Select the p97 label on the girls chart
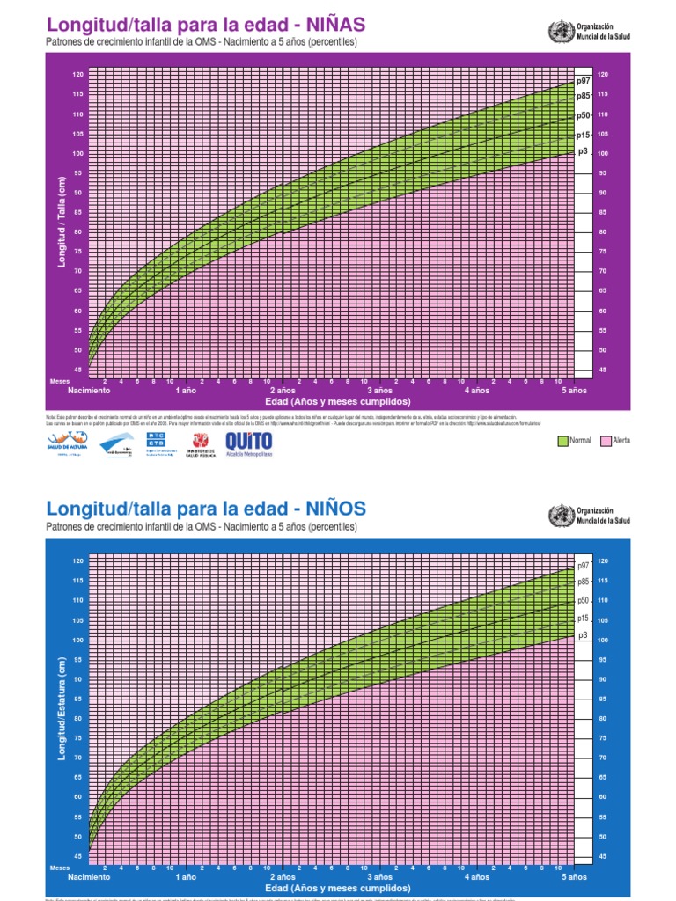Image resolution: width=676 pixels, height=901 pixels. coord(582,82)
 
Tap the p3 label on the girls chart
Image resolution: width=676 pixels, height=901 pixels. coord(582,151)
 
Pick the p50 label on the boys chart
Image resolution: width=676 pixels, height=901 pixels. coord(583,600)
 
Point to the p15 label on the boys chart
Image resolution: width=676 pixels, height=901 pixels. coord(583,619)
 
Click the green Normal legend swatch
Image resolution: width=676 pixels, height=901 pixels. coord(563,440)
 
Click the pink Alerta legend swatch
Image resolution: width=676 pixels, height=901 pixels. coord(606,440)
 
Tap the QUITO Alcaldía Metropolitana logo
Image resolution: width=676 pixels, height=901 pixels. coord(250,443)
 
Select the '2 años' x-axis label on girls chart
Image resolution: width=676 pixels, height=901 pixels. coord(282,390)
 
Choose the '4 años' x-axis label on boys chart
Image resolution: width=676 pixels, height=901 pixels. coord(476,877)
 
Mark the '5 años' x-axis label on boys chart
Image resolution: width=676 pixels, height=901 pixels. coord(573,877)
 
